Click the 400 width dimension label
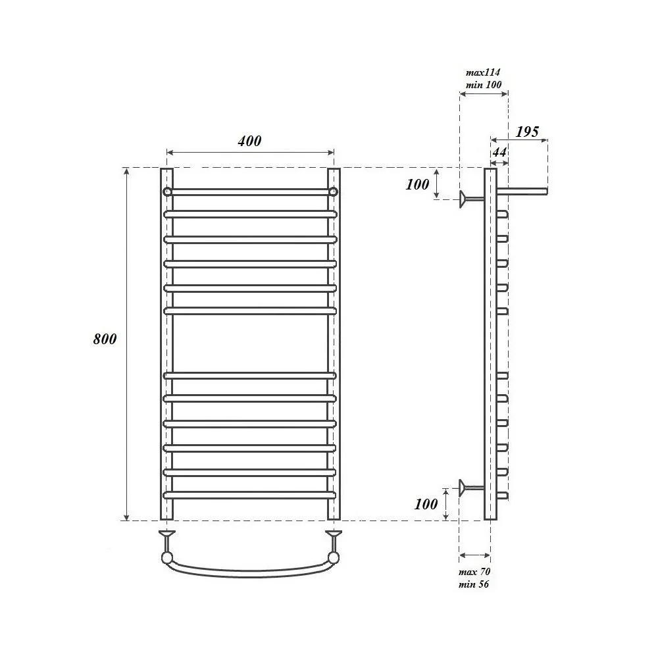click(x=249, y=141)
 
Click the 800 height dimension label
click(x=105, y=339)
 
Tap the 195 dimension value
click(x=527, y=132)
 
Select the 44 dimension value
click(x=499, y=152)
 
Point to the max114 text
click(x=483, y=72)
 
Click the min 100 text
click(x=484, y=85)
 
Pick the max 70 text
click(x=474, y=572)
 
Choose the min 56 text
click(x=474, y=584)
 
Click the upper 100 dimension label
click(x=418, y=184)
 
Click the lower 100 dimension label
click(x=426, y=504)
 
